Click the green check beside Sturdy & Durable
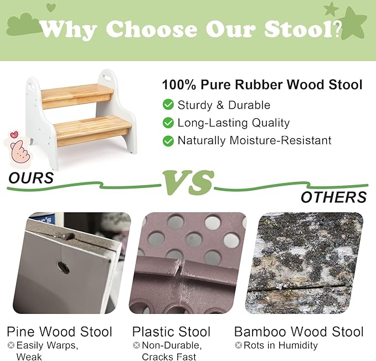pos(168,105)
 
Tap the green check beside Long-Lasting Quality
pos(168,123)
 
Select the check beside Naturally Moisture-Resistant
pos(168,141)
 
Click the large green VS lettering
pos(188,182)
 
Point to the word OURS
pos(31,178)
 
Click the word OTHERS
pos(333,197)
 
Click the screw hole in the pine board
pos(63,267)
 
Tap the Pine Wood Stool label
pos(59,332)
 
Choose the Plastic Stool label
pos(171,332)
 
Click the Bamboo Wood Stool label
pos(298,332)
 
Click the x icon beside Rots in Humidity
pos(239,345)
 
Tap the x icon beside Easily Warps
pos(11,345)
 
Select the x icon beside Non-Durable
pos(136,345)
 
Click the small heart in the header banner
pos(51,7)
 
